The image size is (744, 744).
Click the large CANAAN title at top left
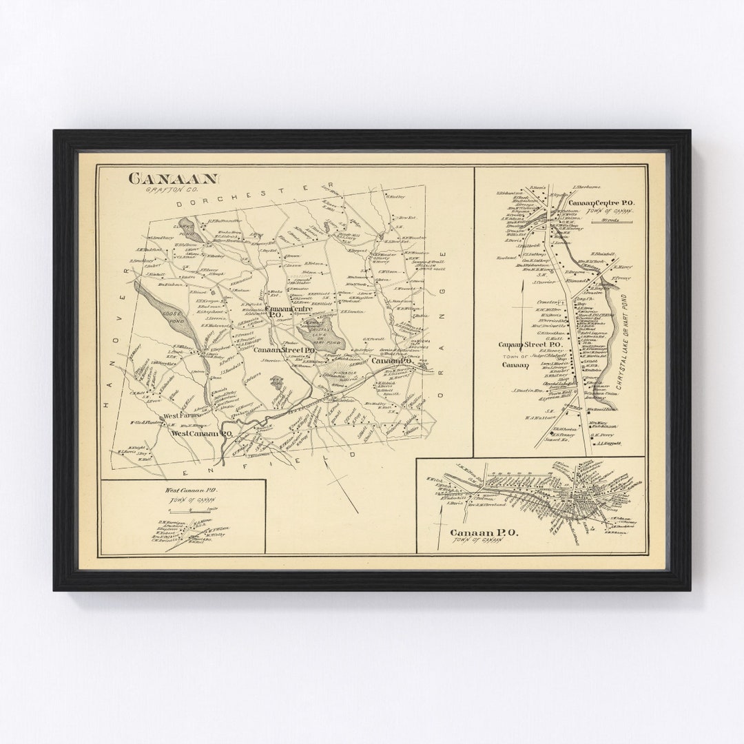(173, 178)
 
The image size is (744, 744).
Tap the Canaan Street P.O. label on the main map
(284, 351)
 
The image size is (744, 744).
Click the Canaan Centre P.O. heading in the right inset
(605, 204)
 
